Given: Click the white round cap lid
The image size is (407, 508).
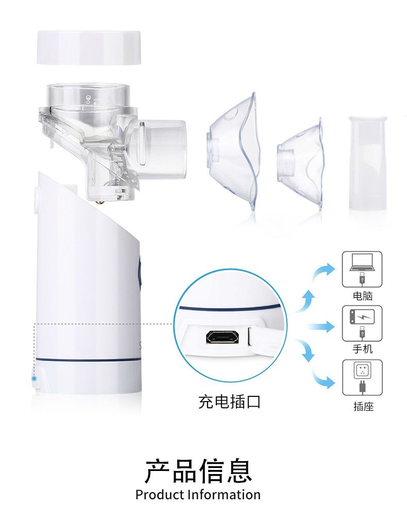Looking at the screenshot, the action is pyautogui.click(x=89, y=47).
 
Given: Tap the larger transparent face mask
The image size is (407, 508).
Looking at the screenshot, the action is pyautogui.click(x=232, y=152).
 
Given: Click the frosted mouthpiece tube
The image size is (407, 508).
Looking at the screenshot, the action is pyautogui.click(x=368, y=163).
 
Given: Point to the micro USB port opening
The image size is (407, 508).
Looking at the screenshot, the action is pyautogui.click(x=223, y=338).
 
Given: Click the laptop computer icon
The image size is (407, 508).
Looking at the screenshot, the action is pyautogui.click(x=362, y=262).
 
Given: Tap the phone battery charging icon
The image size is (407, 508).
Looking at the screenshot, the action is pyautogui.click(x=362, y=317).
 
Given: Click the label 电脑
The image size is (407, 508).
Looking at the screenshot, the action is pyautogui.click(x=363, y=296).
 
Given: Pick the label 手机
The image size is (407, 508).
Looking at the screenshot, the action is pyautogui.click(x=363, y=349).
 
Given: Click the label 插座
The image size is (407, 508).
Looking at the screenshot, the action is pyautogui.click(x=364, y=406).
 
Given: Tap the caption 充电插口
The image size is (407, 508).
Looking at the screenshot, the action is pyautogui.click(x=229, y=402).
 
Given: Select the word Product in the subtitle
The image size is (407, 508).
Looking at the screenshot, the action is pyautogui.click(x=160, y=495).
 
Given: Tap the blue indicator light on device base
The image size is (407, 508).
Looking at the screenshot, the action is pyautogui.click(x=34, y=378).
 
